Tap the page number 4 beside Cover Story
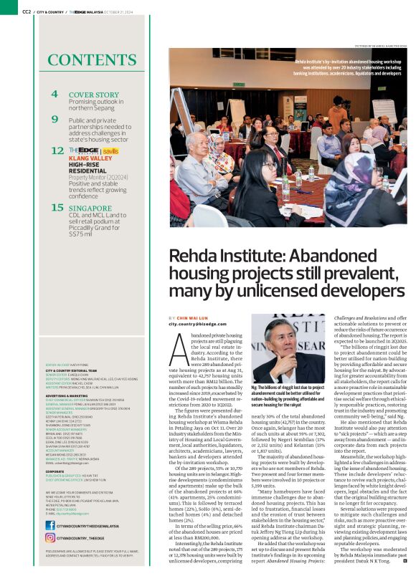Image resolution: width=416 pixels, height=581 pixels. [x=55, y=95]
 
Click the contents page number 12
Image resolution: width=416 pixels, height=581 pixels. [x=57, y=151]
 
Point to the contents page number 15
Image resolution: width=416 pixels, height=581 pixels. [x=57, y=208]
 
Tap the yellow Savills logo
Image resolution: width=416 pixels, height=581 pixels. [x=110, y=151]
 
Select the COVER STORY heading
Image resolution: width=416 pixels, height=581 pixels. [x=93, y=95]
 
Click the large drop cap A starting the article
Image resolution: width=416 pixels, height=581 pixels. [x=179, y=349]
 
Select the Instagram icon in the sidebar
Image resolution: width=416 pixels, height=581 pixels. [x=50, y=537]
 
